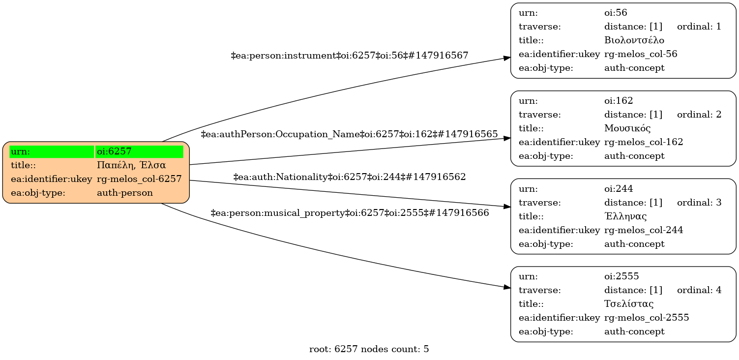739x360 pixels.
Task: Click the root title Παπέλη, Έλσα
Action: (131, 165)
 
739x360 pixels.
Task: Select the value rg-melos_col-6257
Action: (139, 179)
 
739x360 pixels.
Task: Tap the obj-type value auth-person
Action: (125, 193)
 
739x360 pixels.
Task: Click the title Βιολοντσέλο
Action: (634, 40)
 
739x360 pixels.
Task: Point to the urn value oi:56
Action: (616, 13)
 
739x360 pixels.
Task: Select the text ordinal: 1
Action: (699, 27)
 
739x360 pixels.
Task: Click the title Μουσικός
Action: (627, 128)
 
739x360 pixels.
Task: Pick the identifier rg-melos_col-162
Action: (644, 142)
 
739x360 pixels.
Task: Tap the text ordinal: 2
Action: (699, 115)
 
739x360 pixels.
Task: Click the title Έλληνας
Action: (625, 216)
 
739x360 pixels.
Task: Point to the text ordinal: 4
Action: (699, 290)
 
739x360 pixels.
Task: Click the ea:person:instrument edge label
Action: (350, 56)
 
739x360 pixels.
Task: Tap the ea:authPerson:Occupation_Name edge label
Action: (350, 134)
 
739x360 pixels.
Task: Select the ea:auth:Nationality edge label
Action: (350, 177)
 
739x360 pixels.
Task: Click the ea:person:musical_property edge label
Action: (350, 213)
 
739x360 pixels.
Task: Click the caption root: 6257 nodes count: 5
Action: (369, 350)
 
